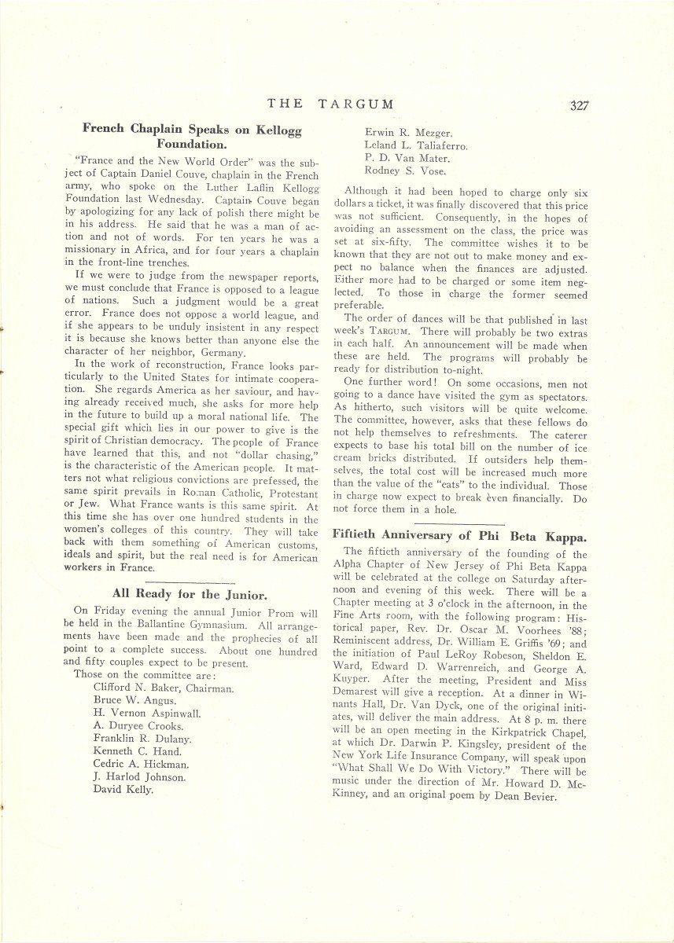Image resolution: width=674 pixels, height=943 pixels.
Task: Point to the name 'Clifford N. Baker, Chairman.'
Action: (164, 688)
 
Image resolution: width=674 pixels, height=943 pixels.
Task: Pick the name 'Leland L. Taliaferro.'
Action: (414, 145)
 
